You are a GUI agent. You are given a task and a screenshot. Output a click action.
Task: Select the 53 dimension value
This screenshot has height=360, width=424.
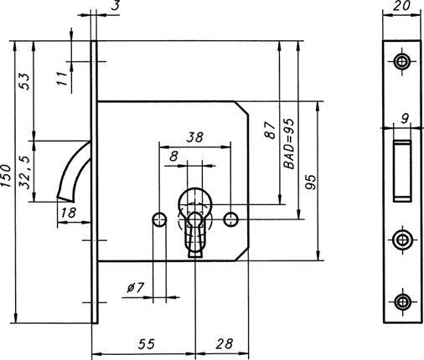[x=25, y=81]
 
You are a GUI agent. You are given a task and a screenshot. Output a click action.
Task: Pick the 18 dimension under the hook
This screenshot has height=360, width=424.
[x=69, y=213]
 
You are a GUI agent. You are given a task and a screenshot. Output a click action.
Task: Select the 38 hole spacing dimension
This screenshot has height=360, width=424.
[x=194, y=136]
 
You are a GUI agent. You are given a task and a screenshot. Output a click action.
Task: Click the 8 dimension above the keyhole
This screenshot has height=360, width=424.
[x=173, y=156]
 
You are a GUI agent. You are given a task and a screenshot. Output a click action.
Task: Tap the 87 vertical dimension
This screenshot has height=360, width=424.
[x=270, y=131]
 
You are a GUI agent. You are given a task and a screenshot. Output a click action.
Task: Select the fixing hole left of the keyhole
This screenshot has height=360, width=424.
[x=158, y=219]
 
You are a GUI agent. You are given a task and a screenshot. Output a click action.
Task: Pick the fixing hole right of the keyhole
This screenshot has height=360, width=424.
[x=231, y=219]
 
